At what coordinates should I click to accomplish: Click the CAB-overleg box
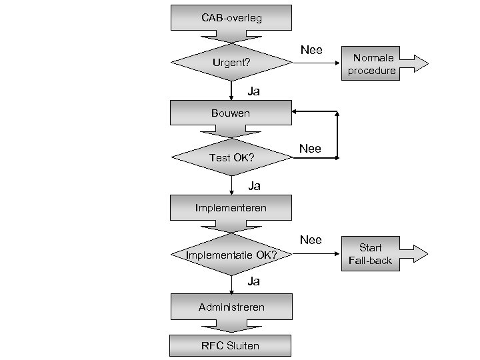(x=231, y=18)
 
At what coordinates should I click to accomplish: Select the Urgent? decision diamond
(x=231, y=63)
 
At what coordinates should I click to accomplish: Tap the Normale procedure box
(x=371, y=64)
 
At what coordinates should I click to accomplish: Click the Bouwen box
(x=231, y=113)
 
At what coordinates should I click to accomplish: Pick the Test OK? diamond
(x=231, y=158)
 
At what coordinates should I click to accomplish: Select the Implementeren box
(x=231, y=207)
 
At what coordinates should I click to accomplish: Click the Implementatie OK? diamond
(x=231, y=255)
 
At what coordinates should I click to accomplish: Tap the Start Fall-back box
(x=371, y=254)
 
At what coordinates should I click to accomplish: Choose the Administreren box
(x=231, y=307)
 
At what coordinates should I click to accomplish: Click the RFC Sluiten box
(x=231, y=345)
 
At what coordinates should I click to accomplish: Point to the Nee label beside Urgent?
(x=311, y=50)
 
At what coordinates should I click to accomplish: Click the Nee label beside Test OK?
(x=310, y=149)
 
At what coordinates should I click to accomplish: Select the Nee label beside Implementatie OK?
(x=311, y=240)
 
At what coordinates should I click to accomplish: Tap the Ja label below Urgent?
(x=253, y=91)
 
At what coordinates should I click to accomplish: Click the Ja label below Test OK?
(x=253, y=185)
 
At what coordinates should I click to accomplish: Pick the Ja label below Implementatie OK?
(x=253, y=281)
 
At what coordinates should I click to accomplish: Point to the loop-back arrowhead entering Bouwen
(x=296, y=112)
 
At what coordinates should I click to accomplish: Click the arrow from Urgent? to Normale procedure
(x=316, y=63)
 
